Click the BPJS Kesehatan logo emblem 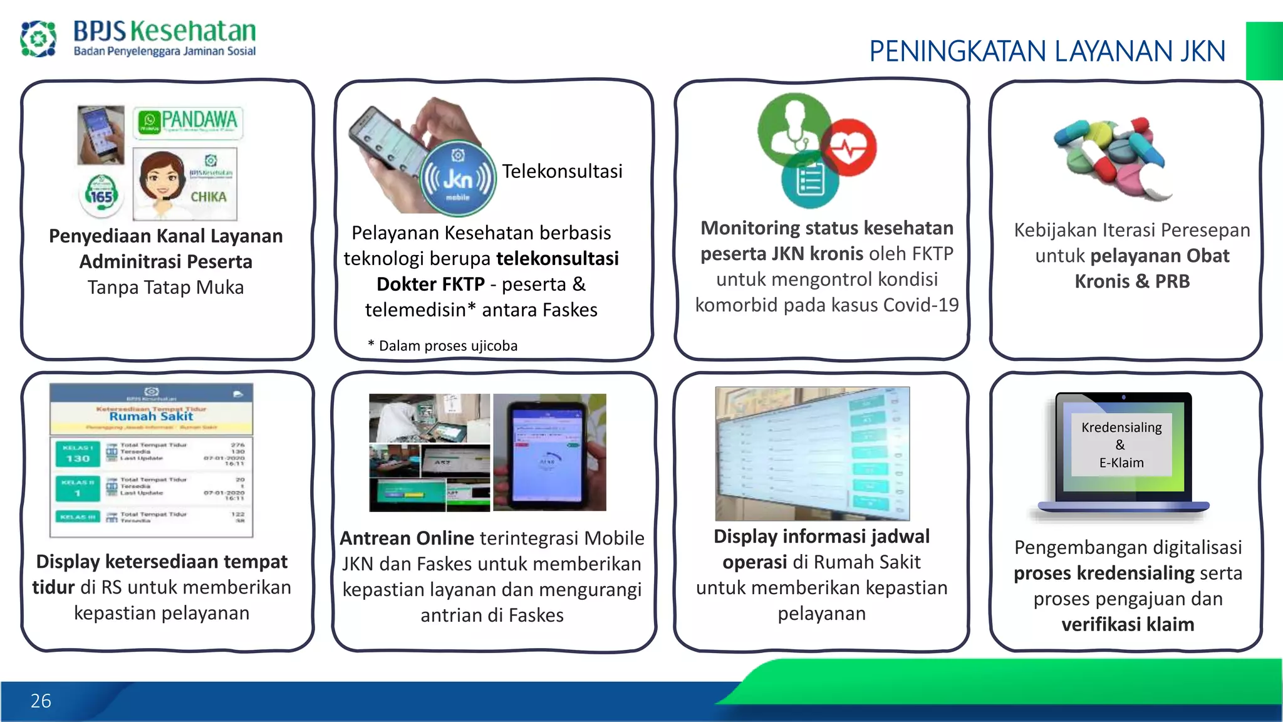tap(38, 38)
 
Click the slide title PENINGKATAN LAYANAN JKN tap(1047, 51)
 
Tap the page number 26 tap(41, 701)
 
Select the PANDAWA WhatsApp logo tap(188, 122)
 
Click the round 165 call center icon tap(101, 194)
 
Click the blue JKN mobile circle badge tap(458, 179)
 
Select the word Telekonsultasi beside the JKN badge tap(562, 171)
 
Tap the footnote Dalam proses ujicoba tap(447, 346)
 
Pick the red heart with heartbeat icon tap(849, 148)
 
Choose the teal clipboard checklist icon tap(809, 182)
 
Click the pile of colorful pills tap(1112, 157)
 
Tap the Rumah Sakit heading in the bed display tap(151, 416)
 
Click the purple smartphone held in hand tap(548, 453)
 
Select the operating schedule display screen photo tap(812, 453)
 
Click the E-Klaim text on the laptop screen tap(1121, 463)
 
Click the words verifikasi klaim tap(1128, 624)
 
